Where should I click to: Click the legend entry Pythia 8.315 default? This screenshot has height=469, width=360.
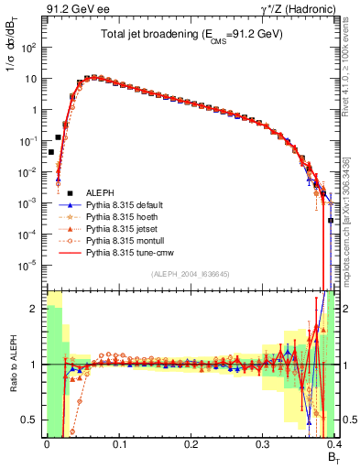click(x=125, y=207)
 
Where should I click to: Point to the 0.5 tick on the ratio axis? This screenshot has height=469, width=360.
click(x=30, y=420)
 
